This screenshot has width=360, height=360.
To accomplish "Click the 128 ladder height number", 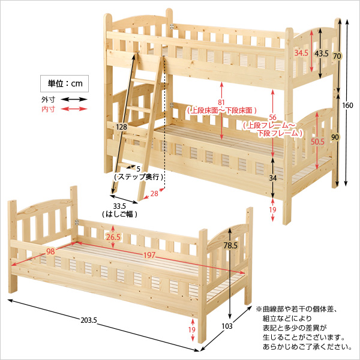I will (x=122, y=127).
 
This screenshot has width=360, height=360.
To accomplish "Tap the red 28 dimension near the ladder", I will (x=154, y=193).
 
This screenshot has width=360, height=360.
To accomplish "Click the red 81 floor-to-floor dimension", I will (x=222, y=103).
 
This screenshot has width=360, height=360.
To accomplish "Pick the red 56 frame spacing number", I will (x=274, y=118).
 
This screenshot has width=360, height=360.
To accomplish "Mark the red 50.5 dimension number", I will (x=317, y=142).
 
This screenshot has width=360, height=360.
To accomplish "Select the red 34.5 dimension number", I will (x=301, y=53).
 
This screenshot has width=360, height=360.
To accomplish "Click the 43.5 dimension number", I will (x=322, y=53).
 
